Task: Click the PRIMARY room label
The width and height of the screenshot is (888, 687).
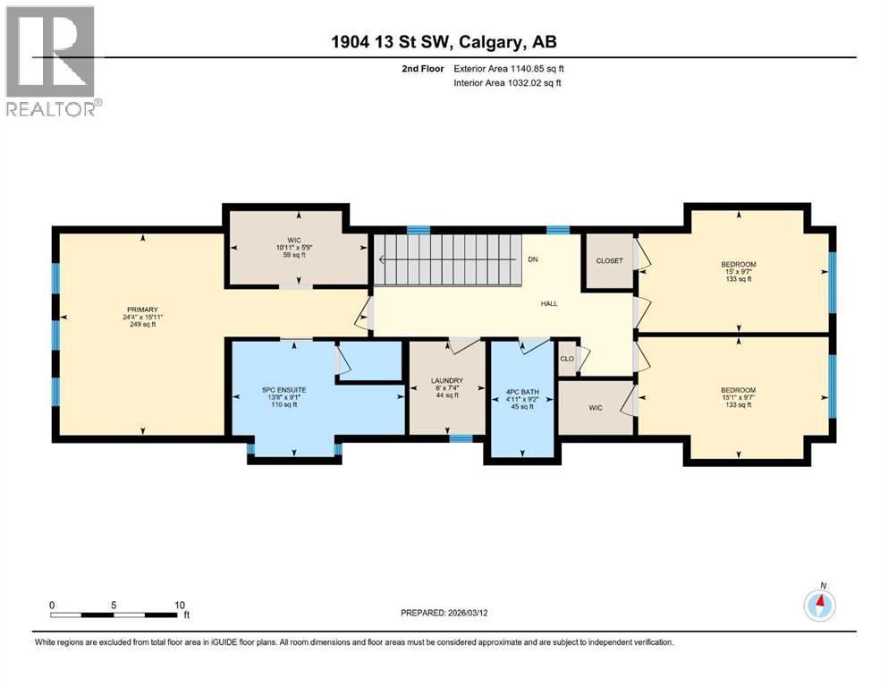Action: click(x=141, y=309)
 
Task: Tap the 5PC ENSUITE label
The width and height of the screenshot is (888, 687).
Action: click(x=279, y=389)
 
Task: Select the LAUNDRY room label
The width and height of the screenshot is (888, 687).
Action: click(x=447, y=380)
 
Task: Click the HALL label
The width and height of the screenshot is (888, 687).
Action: click(x=549, y=303)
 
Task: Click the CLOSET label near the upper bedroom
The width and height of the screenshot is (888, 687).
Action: click(x=609, y=261)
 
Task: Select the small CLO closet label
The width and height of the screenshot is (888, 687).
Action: click(x=566, y=359)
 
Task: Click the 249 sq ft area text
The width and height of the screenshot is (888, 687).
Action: click(x=141, y=325)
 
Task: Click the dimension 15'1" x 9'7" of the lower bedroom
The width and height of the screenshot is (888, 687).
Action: click(x=739, y=398)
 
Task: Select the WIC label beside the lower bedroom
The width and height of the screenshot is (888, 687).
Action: click(x=596, y=408)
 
